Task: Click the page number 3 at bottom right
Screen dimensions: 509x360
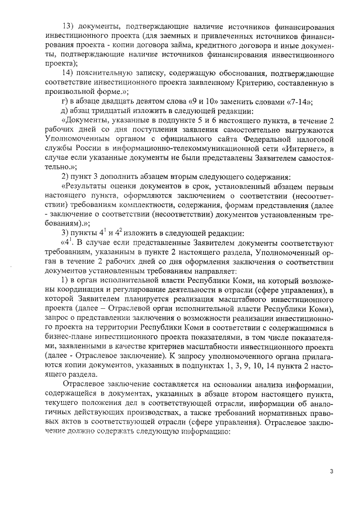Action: pos(332,471)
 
